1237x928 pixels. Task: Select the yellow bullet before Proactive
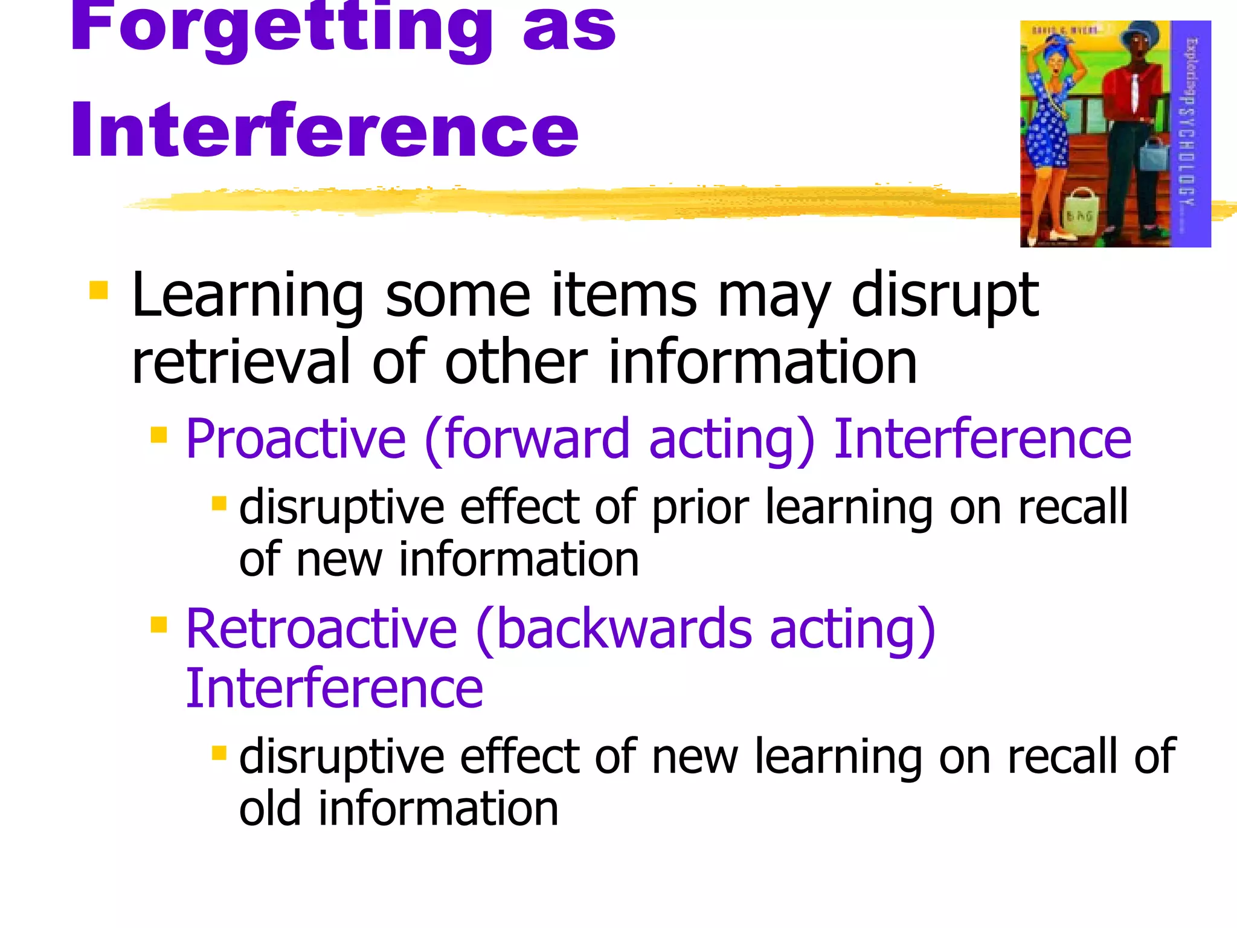coord(159,434)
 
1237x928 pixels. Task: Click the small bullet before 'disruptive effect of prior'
coord(219,503)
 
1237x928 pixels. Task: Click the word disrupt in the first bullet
coord(945,296)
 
